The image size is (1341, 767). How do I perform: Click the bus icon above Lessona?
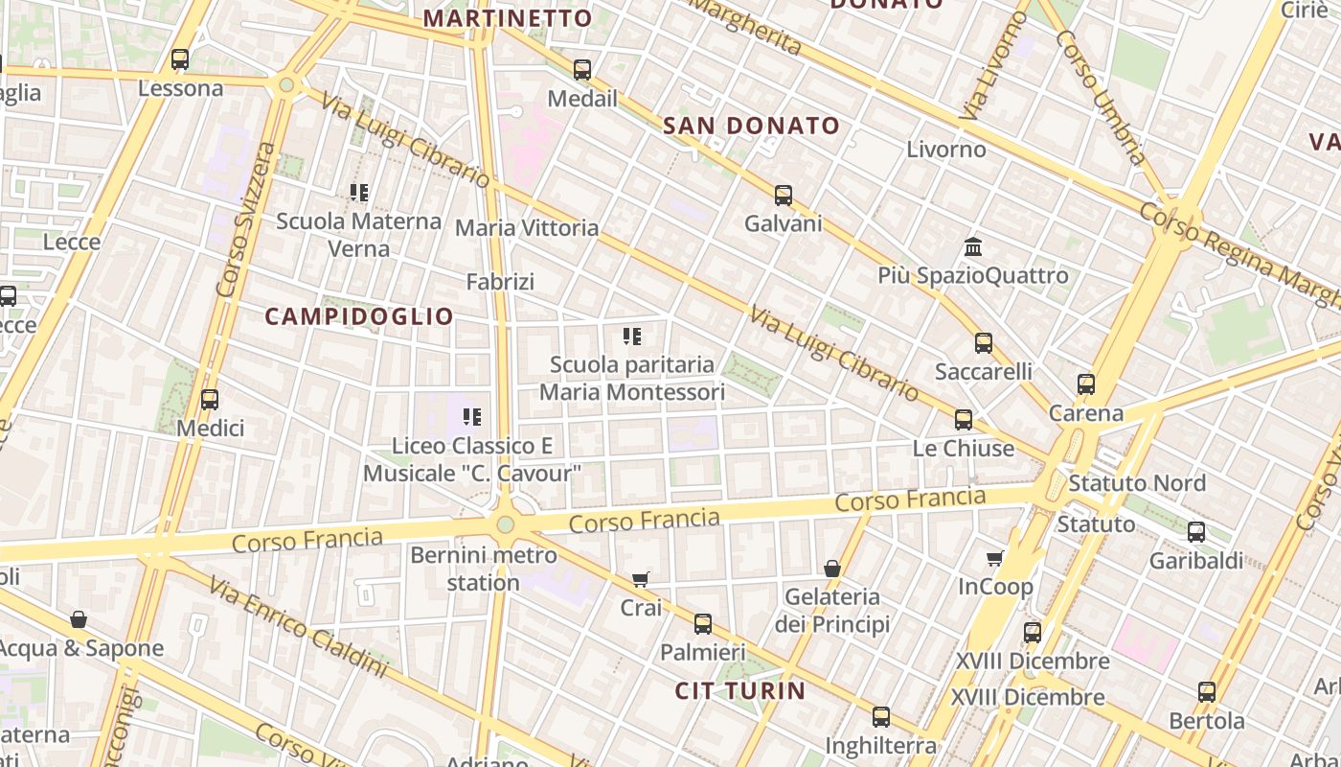[180, 59]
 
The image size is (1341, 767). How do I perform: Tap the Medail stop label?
[582, 99]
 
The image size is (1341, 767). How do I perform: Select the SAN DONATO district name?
[751, 126]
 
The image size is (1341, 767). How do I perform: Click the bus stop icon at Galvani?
[784, 196]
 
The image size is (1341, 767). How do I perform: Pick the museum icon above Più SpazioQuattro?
[973, 247]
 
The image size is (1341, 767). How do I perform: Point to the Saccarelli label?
[983, 371]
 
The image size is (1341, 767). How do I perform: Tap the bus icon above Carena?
[1085, 384]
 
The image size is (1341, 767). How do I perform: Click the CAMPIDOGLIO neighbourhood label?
[359, 316]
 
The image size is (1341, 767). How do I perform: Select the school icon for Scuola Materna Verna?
[359, 193]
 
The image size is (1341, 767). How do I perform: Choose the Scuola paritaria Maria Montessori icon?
[632, 337]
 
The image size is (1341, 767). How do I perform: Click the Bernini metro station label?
[483, 569]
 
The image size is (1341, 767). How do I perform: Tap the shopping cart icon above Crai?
[641, 579]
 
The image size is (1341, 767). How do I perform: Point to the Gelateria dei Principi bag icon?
[832, 569]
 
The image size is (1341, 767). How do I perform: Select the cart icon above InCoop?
[995, 558]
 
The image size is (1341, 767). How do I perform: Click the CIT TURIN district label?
[740, 691]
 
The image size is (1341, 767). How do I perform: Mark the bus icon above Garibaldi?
[1195, 532]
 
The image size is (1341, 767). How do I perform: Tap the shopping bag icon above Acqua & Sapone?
[79, 620]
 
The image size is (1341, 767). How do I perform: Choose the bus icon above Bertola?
[1207, 691]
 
